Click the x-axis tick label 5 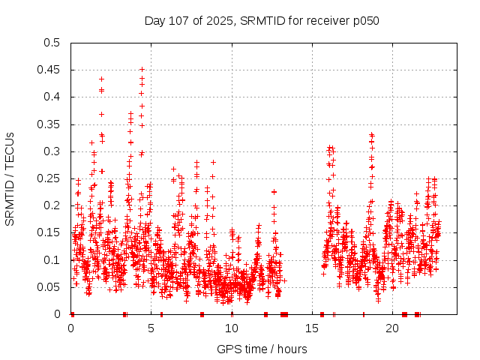151,328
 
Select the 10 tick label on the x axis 232,328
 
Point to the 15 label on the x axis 312,328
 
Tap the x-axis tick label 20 392,328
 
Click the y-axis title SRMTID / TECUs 10,178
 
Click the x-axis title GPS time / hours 262,349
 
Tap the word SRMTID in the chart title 231,20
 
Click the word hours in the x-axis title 292,349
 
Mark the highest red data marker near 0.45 142,70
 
